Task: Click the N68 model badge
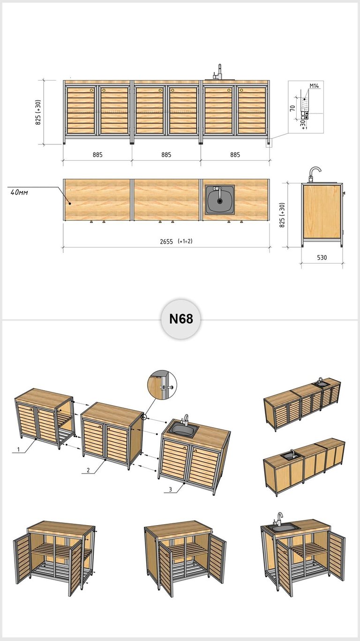[180, 319]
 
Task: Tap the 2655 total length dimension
[166, 242]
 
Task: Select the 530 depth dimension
[322, 257]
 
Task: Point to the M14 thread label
[314, 85]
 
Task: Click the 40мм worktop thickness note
[19, 192]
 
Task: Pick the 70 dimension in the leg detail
[292, 108]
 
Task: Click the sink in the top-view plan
[220, 199]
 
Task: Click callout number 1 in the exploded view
[18, 450]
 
